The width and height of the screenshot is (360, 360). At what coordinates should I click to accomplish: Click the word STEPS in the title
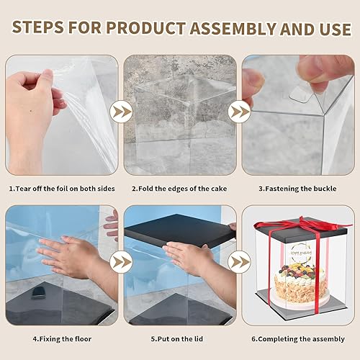(38, 27)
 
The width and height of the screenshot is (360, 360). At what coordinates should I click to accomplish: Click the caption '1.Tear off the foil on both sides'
(62, 189)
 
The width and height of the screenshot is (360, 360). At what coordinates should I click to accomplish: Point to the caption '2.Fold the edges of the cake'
(179, 189)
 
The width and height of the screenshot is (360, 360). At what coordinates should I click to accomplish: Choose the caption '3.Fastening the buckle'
(297, 189)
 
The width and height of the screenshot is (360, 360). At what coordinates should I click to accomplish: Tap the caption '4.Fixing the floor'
(62, 339)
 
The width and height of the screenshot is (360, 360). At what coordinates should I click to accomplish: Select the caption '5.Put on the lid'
(177, 339)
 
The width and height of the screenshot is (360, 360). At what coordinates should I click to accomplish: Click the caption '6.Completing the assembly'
(298, 339)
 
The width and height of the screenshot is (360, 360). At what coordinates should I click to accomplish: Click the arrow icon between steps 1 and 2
(121, 112)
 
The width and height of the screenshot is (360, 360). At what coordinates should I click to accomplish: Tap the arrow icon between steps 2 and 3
(239, 112)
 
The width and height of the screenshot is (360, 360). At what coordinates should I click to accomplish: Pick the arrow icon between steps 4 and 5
(121, 262)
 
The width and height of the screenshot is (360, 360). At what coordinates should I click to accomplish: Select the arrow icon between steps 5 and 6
(239, 262)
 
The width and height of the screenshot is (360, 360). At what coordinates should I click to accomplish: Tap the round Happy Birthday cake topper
(300, 253)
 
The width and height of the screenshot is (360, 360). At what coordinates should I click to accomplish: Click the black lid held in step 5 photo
(180, 230)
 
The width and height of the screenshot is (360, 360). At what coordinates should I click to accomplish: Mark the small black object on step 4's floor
(38, 293)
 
